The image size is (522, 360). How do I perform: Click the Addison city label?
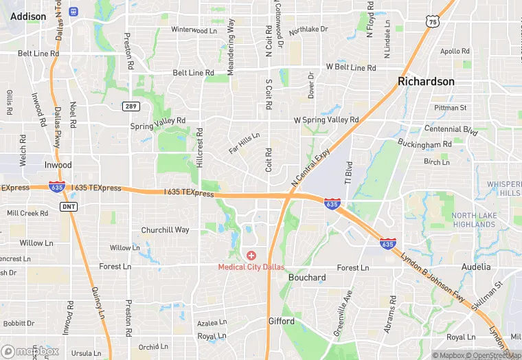pos(29,16)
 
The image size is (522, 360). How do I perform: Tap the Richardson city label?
pos(426,81)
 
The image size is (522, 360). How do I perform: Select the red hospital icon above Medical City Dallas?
pos(251,256)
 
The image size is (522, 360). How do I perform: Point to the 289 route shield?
pos(131,106)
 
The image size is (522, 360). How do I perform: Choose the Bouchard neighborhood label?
pos(307,278)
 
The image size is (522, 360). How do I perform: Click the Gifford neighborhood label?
pos(281,321)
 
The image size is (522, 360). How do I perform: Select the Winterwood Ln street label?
pos(194,30)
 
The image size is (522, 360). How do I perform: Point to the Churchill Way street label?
pos(165,230)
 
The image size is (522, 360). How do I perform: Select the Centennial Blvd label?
pos(451,129)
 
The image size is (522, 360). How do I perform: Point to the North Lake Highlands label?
pos(473,220)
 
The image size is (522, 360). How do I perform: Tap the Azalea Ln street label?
pos(212,322)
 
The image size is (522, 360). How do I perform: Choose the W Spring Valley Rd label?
pos(326,120)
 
